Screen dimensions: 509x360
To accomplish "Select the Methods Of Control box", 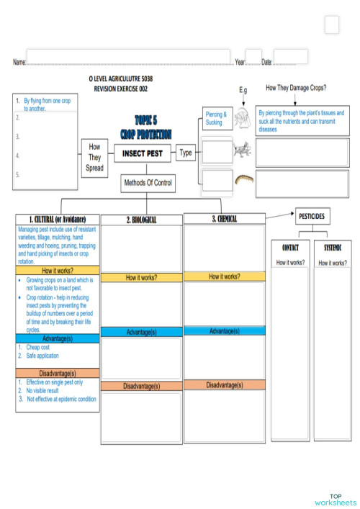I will click(x=148, y=184).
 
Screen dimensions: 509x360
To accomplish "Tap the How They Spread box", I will click(x=94, y=157).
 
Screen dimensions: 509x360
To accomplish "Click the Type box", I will click(x=186, y=153).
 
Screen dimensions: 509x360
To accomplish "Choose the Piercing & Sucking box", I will click(x=215, y=118).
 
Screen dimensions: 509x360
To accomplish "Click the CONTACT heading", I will click(x=289, y=248).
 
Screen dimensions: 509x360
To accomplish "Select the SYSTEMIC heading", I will click(x=332, y=248).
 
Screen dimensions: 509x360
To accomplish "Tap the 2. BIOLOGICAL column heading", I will click(x=141, y=220).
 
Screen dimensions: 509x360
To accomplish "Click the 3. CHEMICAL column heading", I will click(x=224, y=219).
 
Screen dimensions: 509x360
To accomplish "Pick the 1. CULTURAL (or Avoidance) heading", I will click(x=58, y=219).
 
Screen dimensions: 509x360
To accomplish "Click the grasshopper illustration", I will click(x=241, y=150).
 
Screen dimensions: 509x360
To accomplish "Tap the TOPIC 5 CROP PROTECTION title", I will click(x=145, y=127).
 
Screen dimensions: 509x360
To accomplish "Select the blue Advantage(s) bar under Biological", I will click(x=141, y=332).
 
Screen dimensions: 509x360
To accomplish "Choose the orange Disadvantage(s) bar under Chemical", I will click(x=224, y=385).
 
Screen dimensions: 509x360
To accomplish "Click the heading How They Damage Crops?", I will click(x=296, y=88).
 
